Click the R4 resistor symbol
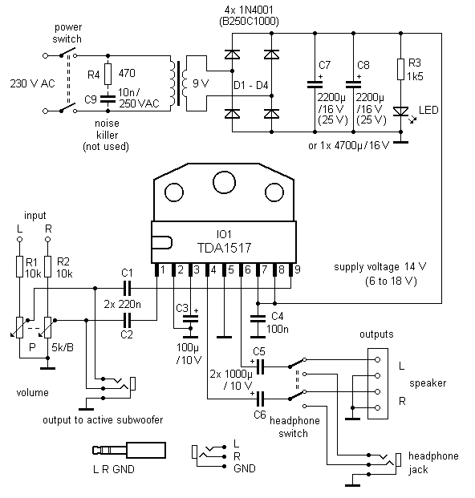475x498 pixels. click(108, 74)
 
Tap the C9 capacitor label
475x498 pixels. click(91, 99)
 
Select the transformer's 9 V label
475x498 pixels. click(201, 83)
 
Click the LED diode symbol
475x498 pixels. click(401, 111)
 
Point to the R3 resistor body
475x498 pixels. click(401, 69)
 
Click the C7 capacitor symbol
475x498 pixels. click(315, 84)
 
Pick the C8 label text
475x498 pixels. click(363, 65)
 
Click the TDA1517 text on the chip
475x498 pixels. click(225, 248)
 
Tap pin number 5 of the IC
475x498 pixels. click(231, 269)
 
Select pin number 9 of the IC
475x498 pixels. click(298, 269)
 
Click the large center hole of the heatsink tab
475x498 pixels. click(225, 182)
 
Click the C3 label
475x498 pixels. click(182, 308)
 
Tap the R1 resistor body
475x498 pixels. click(20, 266)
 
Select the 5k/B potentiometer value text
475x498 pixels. click(63, 347)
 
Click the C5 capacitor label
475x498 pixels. click(259, 351)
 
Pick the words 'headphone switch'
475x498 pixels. click(294, 427)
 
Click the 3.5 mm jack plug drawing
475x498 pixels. click(129, 451)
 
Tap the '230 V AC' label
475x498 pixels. click(32, 83)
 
